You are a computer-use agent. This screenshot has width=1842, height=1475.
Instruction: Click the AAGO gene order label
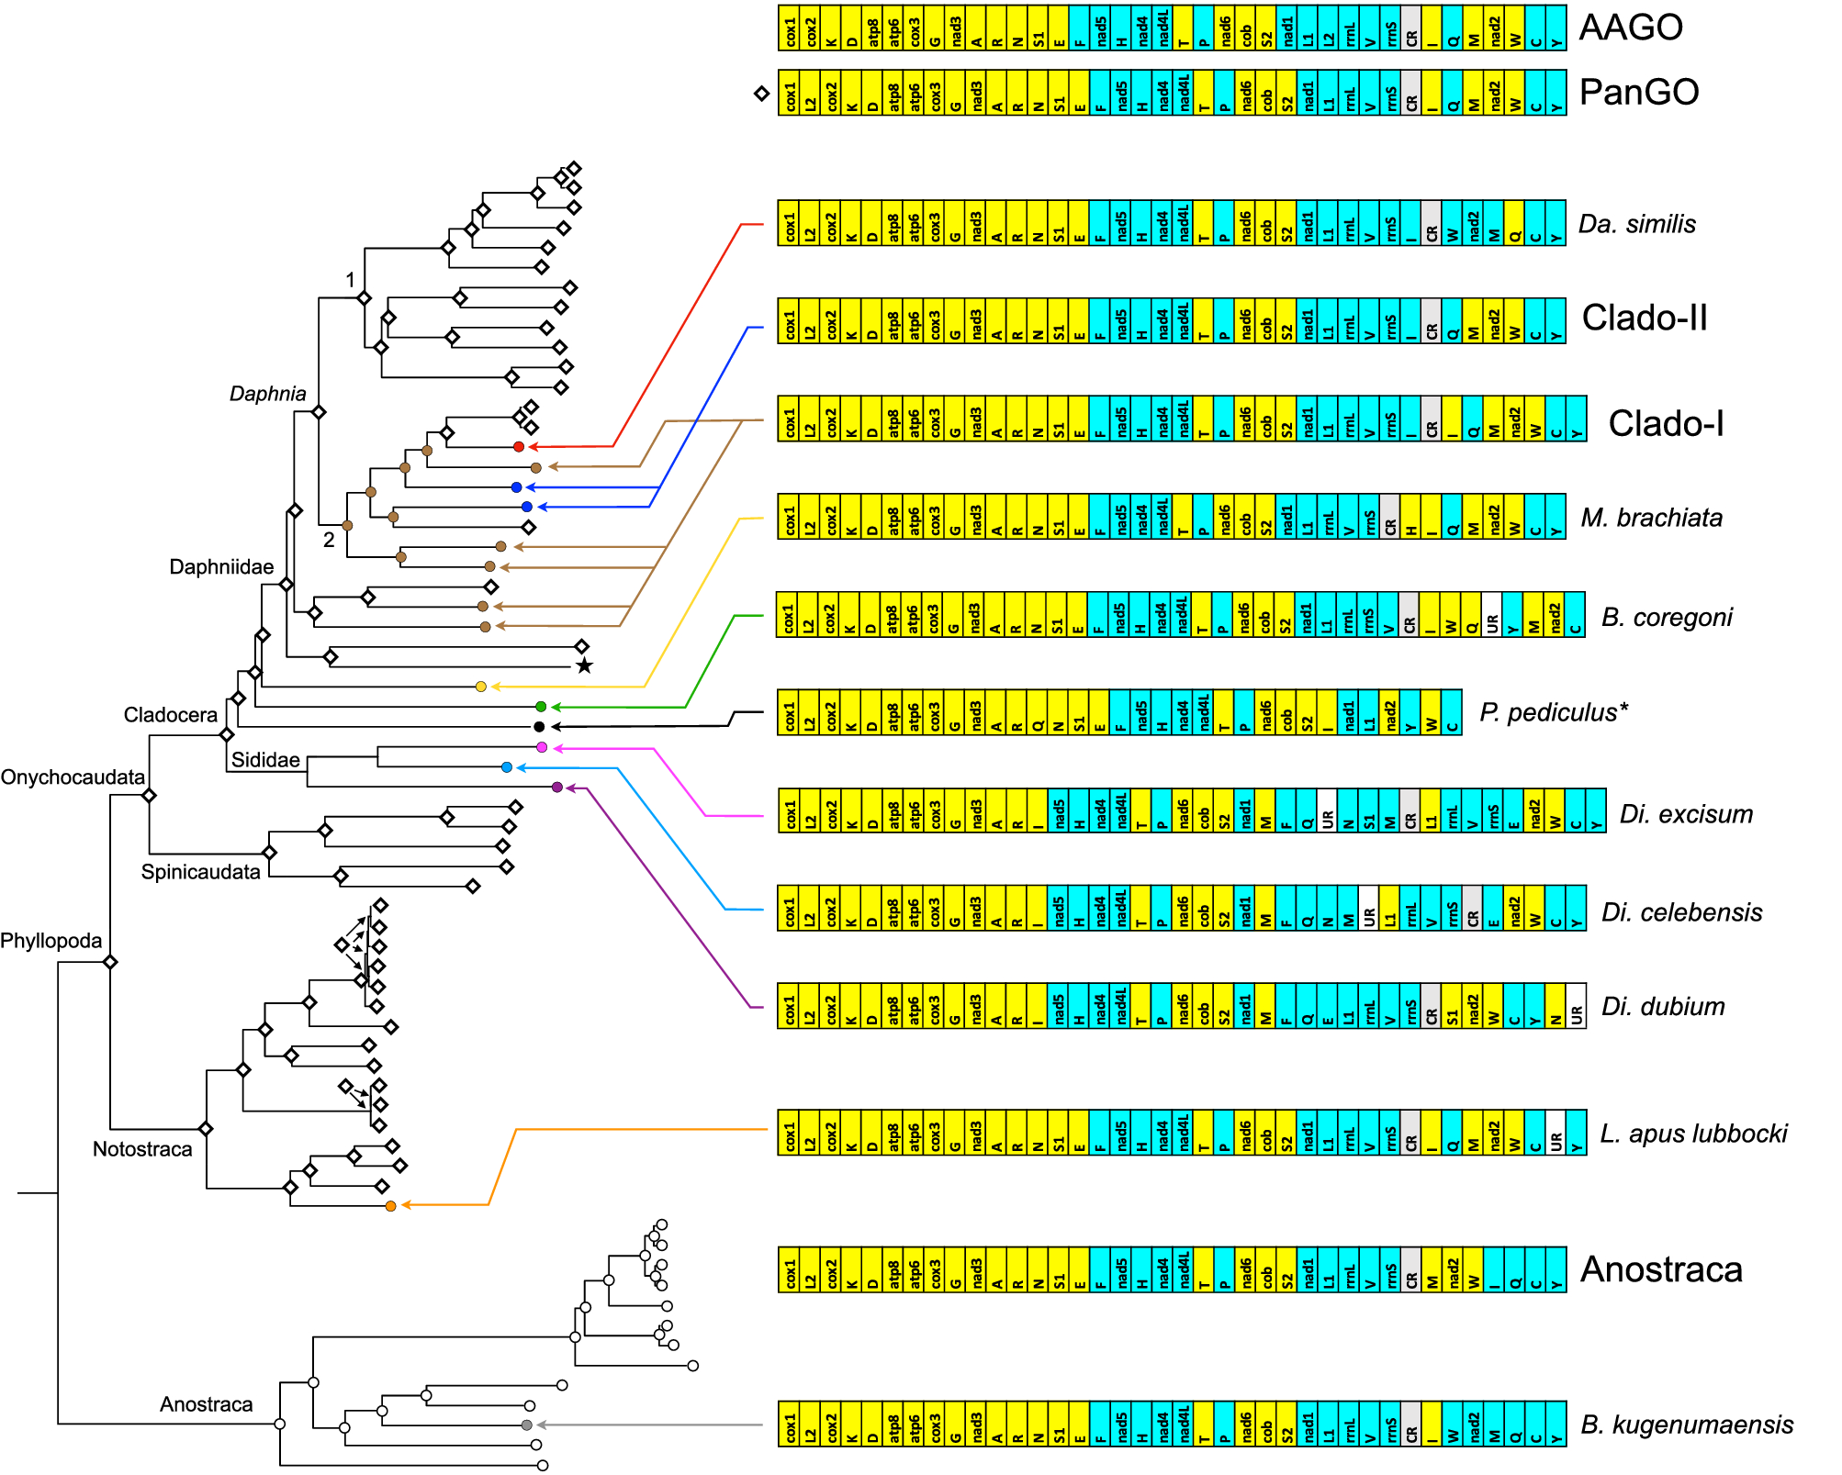point(1631,28)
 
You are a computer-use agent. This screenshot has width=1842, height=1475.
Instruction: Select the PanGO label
point(1639,92)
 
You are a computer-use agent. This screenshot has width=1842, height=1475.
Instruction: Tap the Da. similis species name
point(1637,224)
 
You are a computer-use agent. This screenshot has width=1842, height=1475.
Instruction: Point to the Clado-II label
point(1645,318)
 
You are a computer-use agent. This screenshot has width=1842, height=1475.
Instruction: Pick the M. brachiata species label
point(1651,518)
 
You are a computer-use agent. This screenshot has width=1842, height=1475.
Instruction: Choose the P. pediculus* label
point(1554,712)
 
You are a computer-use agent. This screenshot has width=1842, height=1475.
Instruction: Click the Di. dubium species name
point(1663,1006)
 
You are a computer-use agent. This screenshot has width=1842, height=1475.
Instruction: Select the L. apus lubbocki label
point(1693,1134)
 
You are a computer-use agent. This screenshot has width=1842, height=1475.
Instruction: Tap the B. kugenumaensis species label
point(1687,1425)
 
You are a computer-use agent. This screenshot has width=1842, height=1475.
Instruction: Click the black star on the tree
point(584,665)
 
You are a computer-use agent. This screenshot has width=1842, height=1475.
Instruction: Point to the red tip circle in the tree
point(519,447)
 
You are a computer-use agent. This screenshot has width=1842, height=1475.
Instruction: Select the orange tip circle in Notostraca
point(391,1206)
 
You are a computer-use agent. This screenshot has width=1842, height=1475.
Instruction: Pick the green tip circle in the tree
point(541,707)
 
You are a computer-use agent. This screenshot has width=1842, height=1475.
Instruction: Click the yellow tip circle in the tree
point(481,687)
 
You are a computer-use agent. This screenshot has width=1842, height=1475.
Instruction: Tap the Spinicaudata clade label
point(200,872)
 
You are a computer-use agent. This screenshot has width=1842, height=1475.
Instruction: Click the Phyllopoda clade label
point(51,941)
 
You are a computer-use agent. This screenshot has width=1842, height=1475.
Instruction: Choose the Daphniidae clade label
point(221,567)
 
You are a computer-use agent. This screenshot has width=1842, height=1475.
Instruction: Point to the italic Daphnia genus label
point(267,394)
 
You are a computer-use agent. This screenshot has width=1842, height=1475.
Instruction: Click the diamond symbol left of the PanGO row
point(761,94)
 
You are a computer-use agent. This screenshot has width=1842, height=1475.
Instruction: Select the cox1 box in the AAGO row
point(789,28)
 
